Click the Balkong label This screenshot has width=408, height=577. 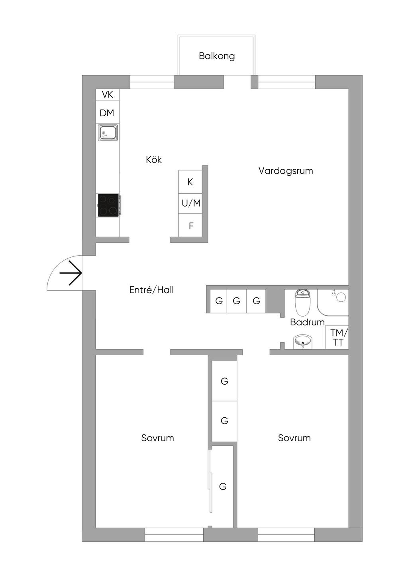217,56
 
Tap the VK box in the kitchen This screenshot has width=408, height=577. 108,94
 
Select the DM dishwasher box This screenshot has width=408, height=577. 107,113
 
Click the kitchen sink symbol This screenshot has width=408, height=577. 108,132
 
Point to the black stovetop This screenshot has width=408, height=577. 108,205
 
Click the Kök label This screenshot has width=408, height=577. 154,160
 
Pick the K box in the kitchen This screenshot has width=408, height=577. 190,182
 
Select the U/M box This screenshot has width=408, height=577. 191,203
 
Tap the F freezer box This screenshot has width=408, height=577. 191,226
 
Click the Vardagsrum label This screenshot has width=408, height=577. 286,171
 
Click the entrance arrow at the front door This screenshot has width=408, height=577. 71,273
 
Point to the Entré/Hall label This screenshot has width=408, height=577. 151,290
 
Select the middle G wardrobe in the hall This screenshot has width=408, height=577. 237,301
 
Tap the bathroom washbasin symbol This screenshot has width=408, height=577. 303,342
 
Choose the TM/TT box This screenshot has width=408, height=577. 339,337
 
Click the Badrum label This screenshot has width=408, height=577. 307,322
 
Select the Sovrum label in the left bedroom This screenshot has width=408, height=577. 157,438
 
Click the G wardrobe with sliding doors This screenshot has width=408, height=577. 223,486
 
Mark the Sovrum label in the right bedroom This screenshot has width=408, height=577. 294,438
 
